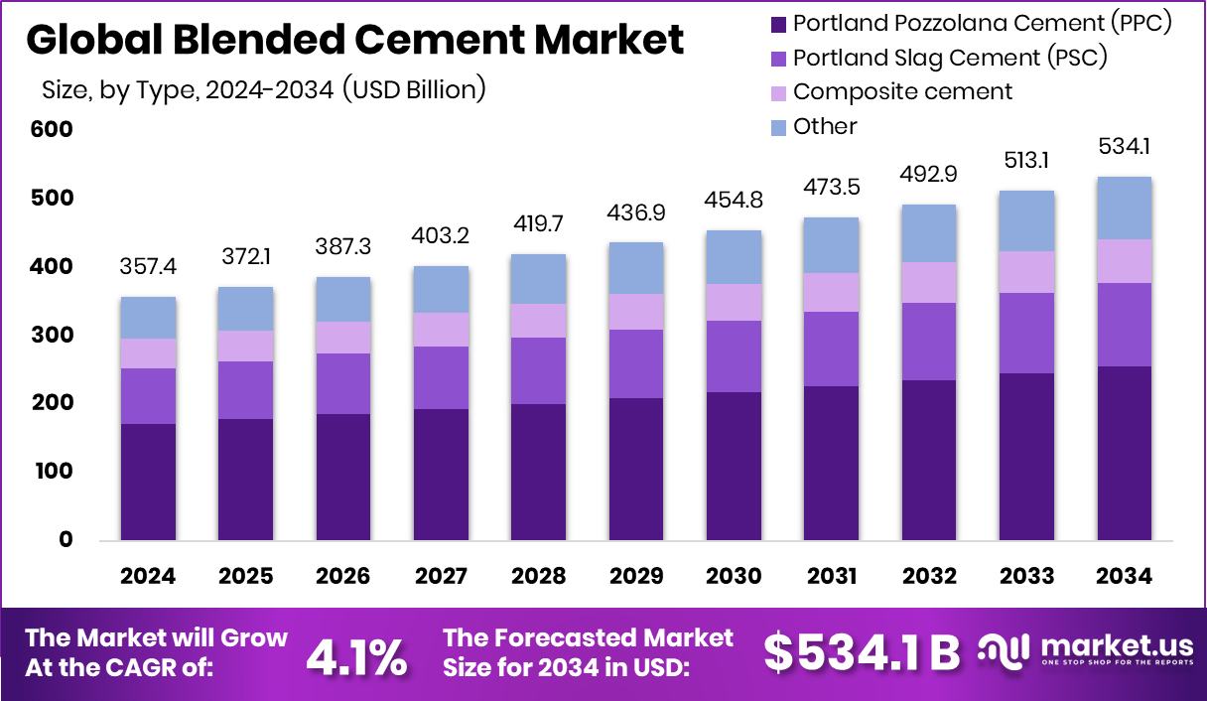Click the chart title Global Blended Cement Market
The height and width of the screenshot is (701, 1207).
354,40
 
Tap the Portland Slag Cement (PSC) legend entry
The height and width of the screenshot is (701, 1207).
950,58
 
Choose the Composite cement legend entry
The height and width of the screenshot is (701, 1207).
902,91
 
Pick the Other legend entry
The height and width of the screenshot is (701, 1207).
825,126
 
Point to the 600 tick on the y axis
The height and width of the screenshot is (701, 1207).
52,130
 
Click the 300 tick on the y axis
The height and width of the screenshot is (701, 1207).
52,336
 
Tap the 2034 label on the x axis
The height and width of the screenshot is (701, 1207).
1125,577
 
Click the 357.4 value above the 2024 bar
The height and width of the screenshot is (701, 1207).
148,268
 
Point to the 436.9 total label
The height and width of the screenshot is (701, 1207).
636,213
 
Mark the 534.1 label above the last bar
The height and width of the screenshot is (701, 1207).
1125,148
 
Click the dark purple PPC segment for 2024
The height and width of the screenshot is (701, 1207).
148,482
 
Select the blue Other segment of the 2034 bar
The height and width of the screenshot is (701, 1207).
1125,208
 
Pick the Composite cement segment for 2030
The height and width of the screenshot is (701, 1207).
734,302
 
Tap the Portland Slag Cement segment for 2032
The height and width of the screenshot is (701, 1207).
929,342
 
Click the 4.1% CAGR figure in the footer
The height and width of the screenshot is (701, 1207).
356,655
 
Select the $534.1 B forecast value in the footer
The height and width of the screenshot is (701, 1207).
862,652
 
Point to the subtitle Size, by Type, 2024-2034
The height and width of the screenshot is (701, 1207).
263,90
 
